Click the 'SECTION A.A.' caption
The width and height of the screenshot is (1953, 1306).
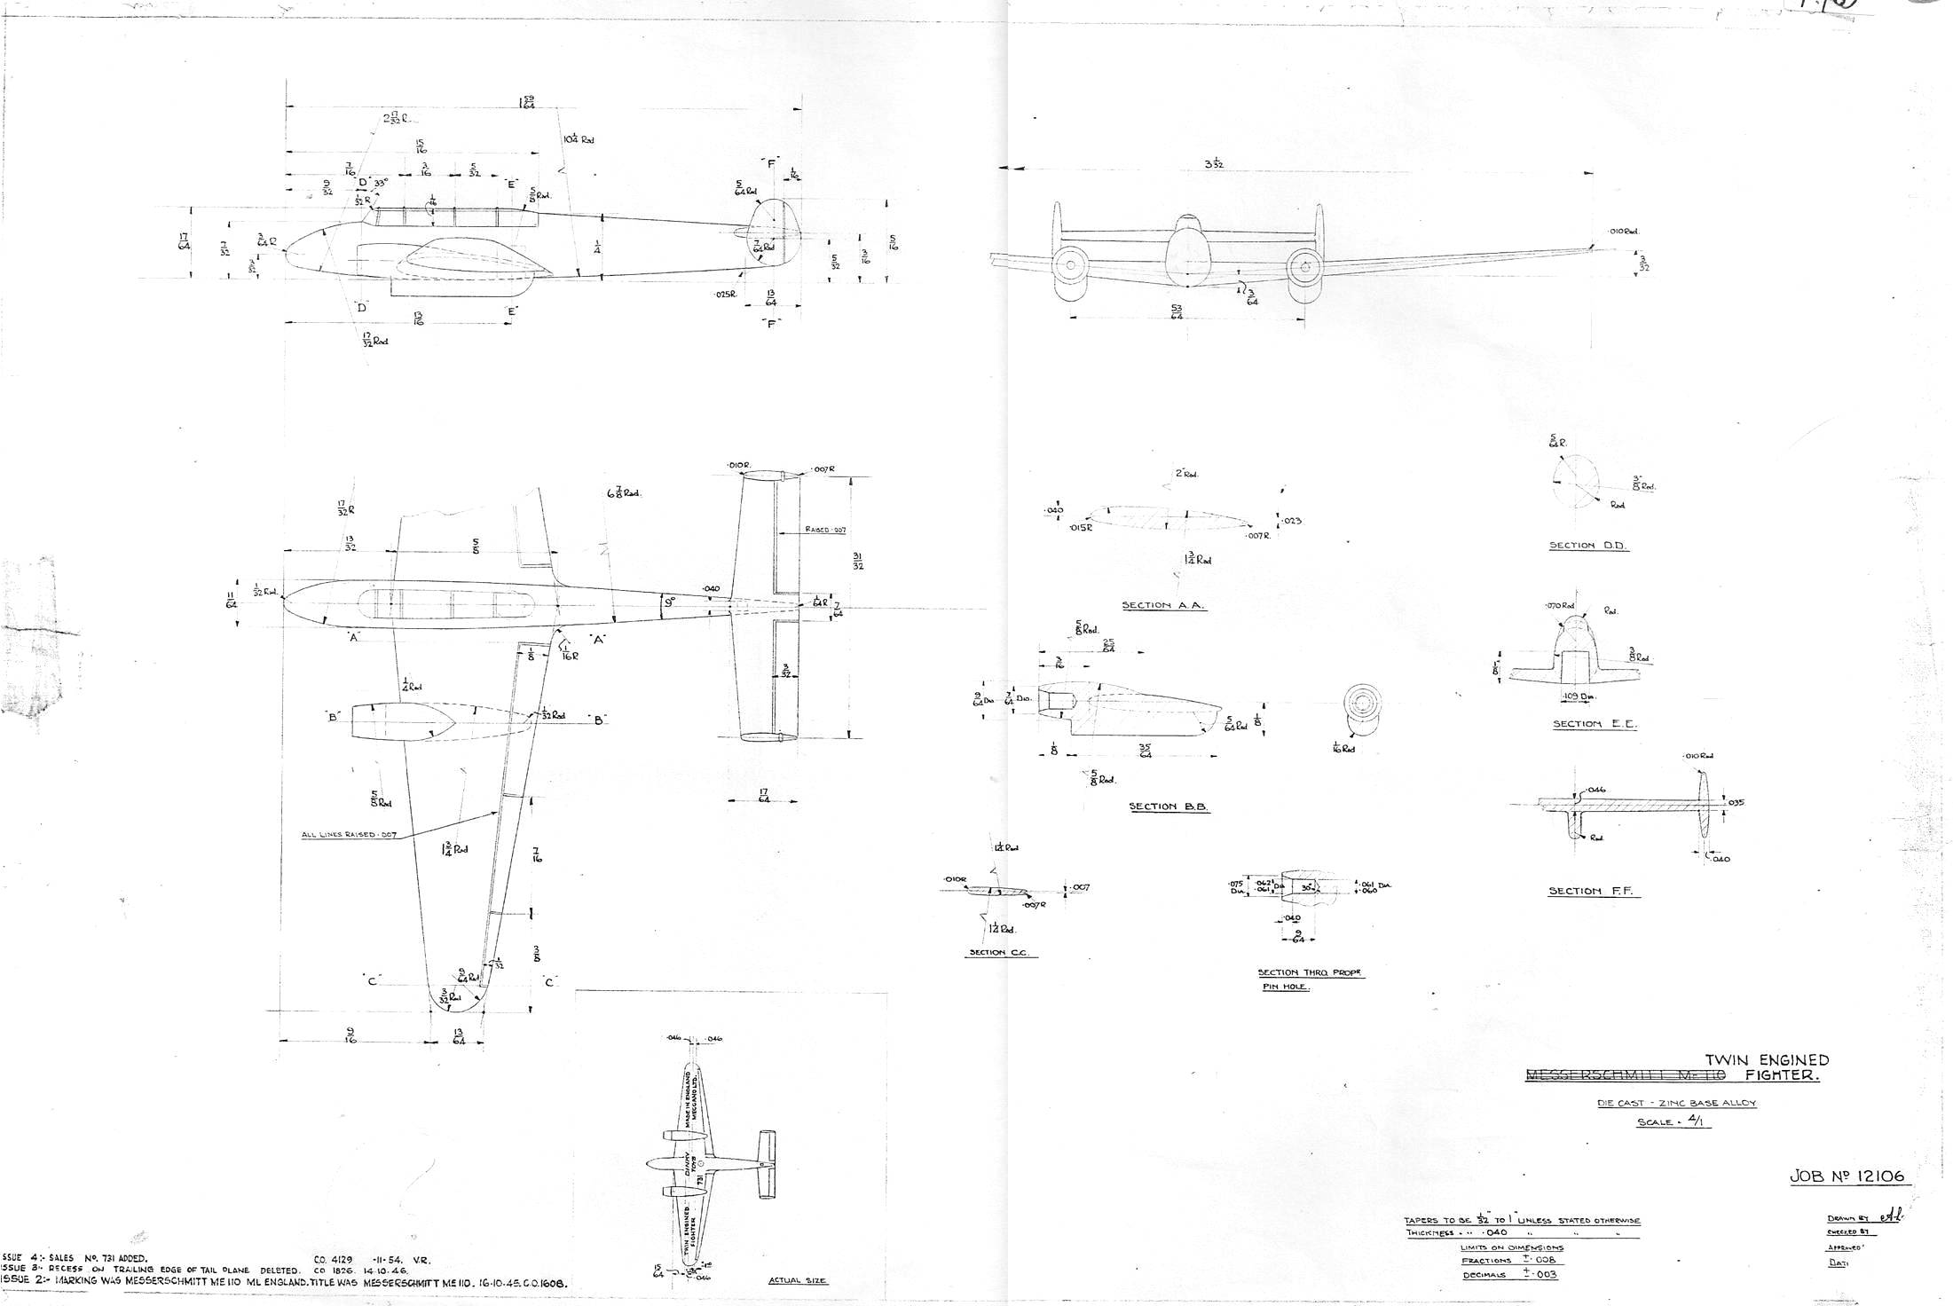1162,605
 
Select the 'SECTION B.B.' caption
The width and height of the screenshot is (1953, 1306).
1169,806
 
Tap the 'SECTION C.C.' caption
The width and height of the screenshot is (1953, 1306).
998,952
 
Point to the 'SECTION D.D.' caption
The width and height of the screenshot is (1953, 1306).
1588,546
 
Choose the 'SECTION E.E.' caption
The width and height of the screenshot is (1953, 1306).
1595,724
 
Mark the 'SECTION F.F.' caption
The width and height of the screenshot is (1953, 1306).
1594,891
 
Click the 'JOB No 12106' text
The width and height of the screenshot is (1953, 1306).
1846,1176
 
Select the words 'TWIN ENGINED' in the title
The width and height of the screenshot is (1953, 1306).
1768,1059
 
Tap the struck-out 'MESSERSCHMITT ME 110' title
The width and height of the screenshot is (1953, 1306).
1624,1076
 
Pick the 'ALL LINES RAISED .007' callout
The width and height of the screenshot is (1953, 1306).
349,835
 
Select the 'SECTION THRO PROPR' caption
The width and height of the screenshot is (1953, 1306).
1311,973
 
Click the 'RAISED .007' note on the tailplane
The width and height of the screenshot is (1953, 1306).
826,530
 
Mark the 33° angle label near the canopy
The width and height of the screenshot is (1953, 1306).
381,183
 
